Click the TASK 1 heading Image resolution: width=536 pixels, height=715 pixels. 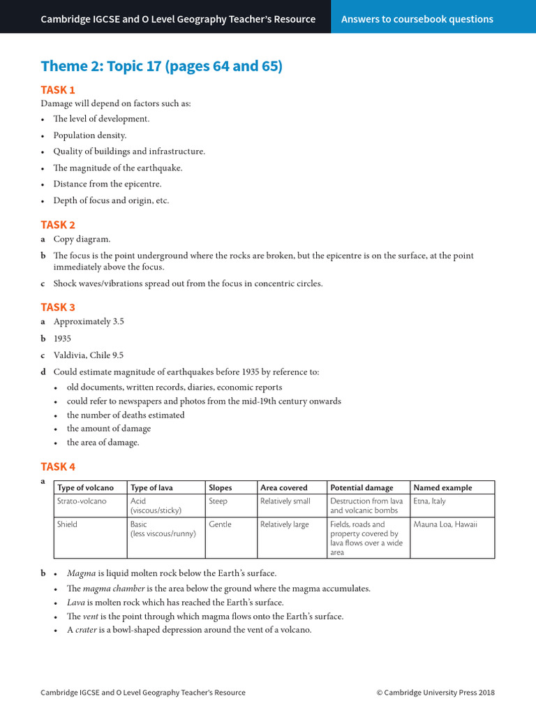58,89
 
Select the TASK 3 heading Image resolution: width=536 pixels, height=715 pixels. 58,307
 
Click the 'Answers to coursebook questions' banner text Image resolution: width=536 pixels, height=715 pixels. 417,19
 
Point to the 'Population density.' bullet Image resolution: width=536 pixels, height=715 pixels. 90,135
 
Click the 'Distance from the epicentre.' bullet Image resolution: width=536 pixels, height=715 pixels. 107,184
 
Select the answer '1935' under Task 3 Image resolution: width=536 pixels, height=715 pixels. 62,338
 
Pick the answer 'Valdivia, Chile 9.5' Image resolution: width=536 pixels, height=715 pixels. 88,355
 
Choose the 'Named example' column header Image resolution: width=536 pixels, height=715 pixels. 442,487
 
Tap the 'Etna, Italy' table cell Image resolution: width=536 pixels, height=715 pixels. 429,501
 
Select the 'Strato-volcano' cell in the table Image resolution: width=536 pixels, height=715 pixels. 79,501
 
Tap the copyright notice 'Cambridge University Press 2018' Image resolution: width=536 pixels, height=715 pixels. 435,692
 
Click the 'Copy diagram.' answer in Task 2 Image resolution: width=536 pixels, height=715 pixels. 82,239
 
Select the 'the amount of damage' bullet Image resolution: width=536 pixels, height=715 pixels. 109,428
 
